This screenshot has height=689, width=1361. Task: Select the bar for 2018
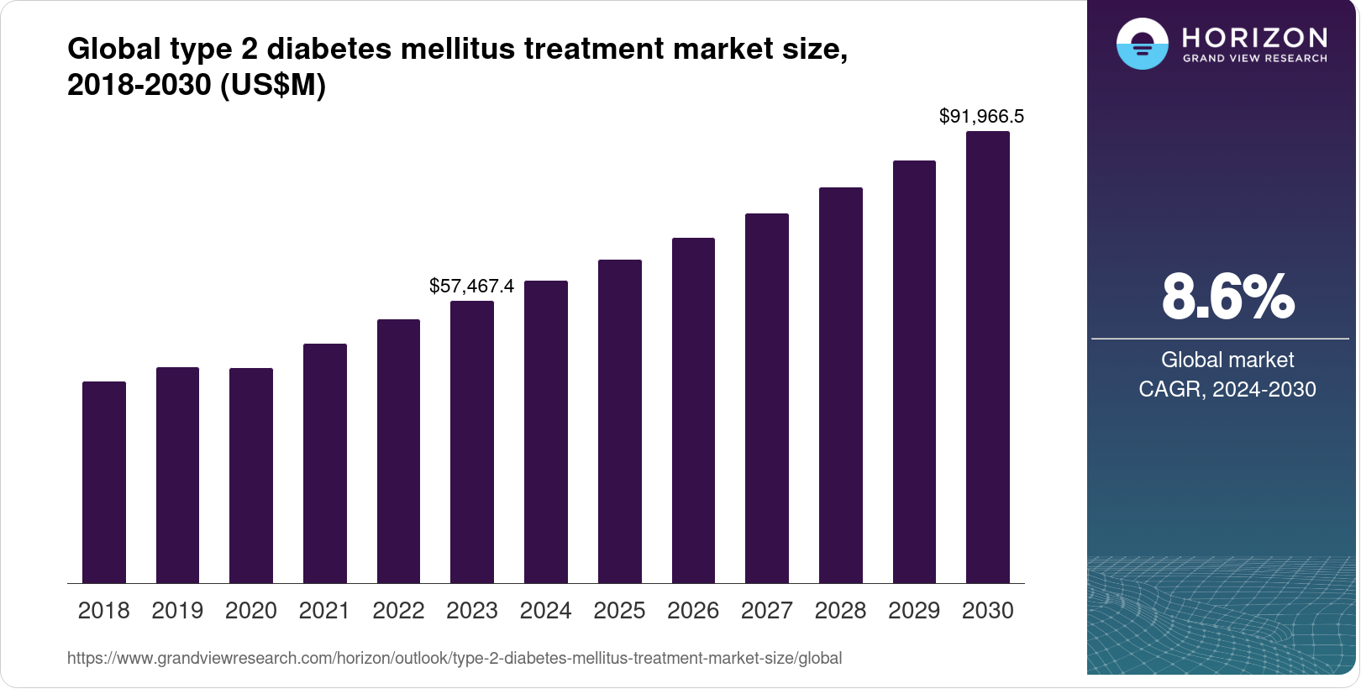pos(104,482)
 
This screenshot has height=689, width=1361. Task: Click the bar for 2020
pos(251,476)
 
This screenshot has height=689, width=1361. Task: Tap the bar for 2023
pos(472,442)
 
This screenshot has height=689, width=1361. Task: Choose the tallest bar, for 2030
pos(988,357)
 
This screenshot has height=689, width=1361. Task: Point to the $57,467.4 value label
pos(471,286)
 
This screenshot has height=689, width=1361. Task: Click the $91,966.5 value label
pos(981,116)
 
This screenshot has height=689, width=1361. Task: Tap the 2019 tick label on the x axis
pos(177,611)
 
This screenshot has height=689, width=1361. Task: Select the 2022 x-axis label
pos(398,611)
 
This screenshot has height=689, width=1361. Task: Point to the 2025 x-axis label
pos(619,611)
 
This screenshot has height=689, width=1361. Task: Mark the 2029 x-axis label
pos(914,611)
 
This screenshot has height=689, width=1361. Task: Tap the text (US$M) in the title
pos(272,85)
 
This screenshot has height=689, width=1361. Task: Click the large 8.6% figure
pos(1227,297)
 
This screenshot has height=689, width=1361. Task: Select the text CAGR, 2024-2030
pos(1227,389)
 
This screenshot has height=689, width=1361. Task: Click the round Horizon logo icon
pos(1142,44)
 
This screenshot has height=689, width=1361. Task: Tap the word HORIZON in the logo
pos(1254,38)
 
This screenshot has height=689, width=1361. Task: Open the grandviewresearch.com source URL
pos(455,658)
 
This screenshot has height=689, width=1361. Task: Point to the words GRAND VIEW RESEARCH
pos(1255,59)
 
